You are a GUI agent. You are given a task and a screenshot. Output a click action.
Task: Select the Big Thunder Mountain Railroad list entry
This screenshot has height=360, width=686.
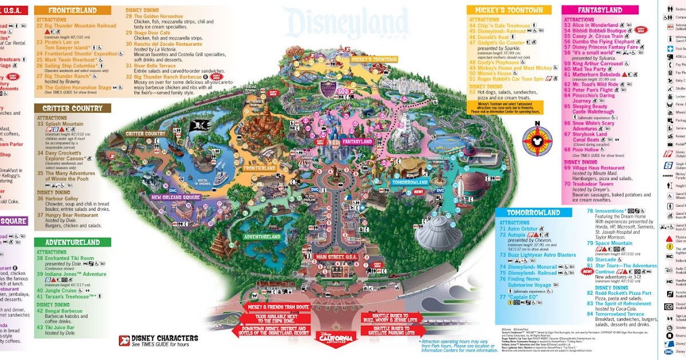[x=80, y=26]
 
